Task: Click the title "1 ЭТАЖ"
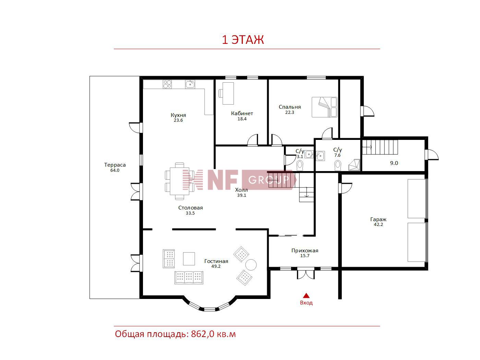[x=243, y=39]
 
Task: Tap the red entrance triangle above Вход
[x=306, y=296]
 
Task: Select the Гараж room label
[x=378, y=219]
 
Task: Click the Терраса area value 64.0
[x=115, y=170]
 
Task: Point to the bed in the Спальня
[x=325, y=107]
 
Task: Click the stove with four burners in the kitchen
[x=167, y=84]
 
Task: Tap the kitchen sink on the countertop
[x=190, y=84]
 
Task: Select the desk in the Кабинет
[x=228, y=93]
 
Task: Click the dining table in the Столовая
[x=180, y=181]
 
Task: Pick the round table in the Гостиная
[x=251, y=265]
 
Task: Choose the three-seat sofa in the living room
[x=189, y=278]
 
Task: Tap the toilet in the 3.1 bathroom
[x=300, y=166]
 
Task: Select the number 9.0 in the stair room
[x=394, y=163]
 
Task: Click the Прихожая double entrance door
[x=306, y=273]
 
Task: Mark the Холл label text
[x=241, y=190]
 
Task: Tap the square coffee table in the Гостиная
[x=189, y=259]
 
